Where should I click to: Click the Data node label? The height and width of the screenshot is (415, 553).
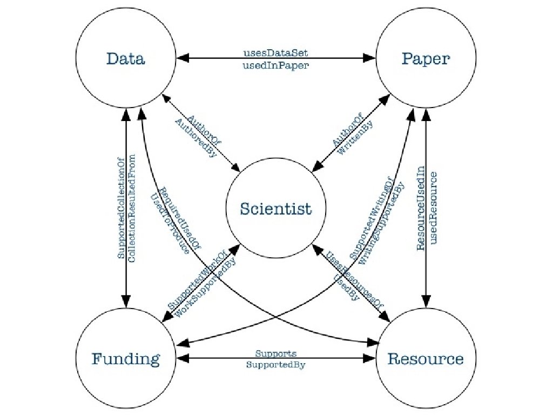[x=125, y=58]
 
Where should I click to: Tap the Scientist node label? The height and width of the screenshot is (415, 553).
[x=276, y=209]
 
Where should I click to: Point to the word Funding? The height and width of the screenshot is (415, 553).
[x=126, y=359]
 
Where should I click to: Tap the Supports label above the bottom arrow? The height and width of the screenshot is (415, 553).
[x=276, y=354]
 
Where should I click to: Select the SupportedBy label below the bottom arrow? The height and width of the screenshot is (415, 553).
[x=276, y=365]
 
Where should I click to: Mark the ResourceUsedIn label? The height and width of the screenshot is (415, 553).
[x=422, y=209]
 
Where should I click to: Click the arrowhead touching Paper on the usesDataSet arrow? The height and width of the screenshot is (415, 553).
[x=372, y=57]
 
